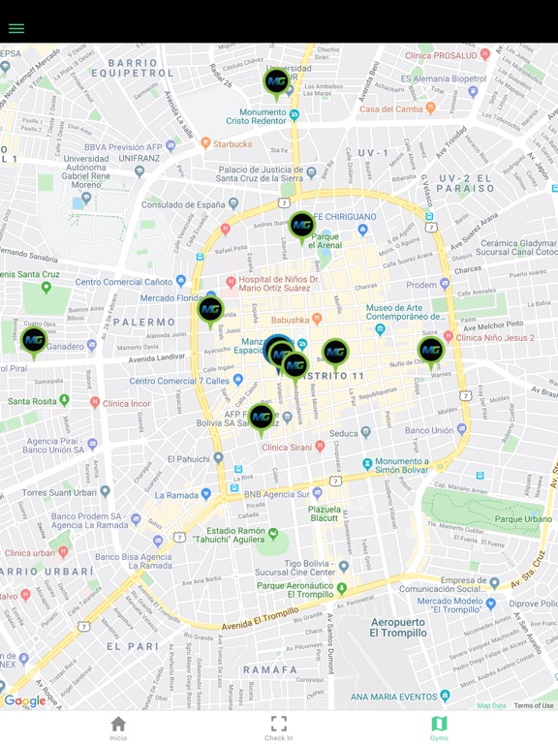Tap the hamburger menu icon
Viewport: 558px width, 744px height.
click(16, 28)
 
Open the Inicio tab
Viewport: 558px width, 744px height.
click(118, 728)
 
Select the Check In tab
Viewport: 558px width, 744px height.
click(279, 728)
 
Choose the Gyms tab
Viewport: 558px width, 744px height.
click(439, 728)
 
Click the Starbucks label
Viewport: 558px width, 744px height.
click(232, 144)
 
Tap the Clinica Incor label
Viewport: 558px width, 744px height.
click(128, 403)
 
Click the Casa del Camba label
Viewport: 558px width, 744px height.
click(393, 108)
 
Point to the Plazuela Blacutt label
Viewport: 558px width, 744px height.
click(325, 513)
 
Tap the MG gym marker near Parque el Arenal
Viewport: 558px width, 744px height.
click(301, 226)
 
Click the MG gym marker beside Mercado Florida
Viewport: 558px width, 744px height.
click(210, 310)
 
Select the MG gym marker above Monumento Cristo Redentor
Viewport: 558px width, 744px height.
click(276, 82)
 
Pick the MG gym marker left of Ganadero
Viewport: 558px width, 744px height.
click(34, 341)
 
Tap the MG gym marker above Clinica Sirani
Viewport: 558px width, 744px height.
click(261, 418)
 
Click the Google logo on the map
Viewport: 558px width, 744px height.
click(24, 701)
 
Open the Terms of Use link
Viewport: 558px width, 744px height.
click(534, 705)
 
